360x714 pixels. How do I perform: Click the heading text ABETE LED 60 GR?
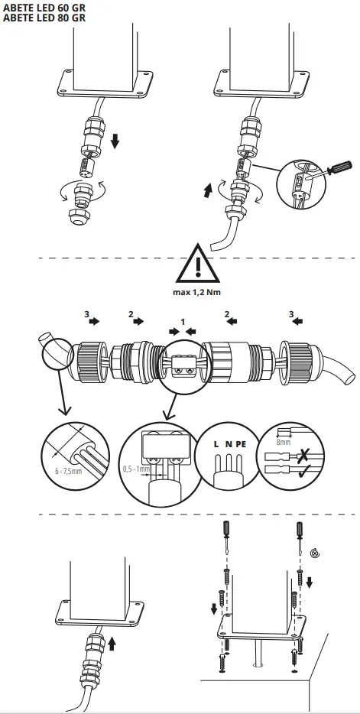click(x=44, y=8)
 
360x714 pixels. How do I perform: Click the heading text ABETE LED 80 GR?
click(x=44, y=18)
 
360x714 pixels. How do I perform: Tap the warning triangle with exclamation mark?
click(x=197, y=264)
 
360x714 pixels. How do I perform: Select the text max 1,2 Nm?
click(x=196, y=292)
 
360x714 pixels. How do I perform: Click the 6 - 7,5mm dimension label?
click(x=69, y=470)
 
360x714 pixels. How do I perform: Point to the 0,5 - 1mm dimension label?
click(x=136, y=469)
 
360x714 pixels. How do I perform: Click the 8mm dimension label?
click(x=285, y=441)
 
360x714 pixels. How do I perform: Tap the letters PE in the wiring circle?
click(x=241, y=444)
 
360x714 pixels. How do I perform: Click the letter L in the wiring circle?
click(x=216, y=444)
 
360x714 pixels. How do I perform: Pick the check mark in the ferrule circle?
click(x=302, y=472)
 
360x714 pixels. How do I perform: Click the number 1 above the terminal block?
click(x=183, y=322)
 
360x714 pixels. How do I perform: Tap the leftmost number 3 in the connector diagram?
click(x=86, y=313)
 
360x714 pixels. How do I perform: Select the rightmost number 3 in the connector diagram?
click(x=291, y=313)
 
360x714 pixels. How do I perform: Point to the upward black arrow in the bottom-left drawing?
click(x=113, y=644)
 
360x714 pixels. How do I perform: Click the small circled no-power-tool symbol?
click(x=314, y=553)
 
